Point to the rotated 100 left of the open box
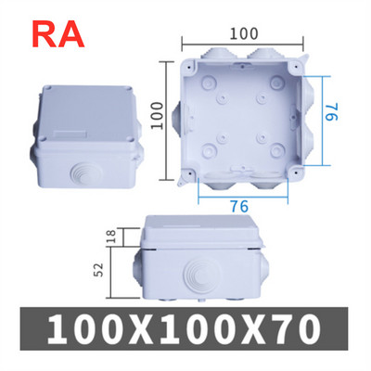159,117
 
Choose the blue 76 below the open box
239,206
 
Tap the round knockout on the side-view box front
198,275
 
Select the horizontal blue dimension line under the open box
243,197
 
